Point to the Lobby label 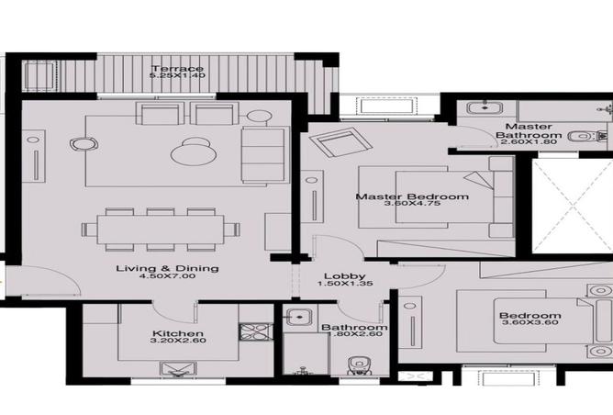click(x=344, y=276)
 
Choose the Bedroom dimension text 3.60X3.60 click(x=529, y=328)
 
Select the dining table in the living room click(x=161, y=228)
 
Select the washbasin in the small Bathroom click(x=295, y=320)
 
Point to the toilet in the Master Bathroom click(x=580, y=137)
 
